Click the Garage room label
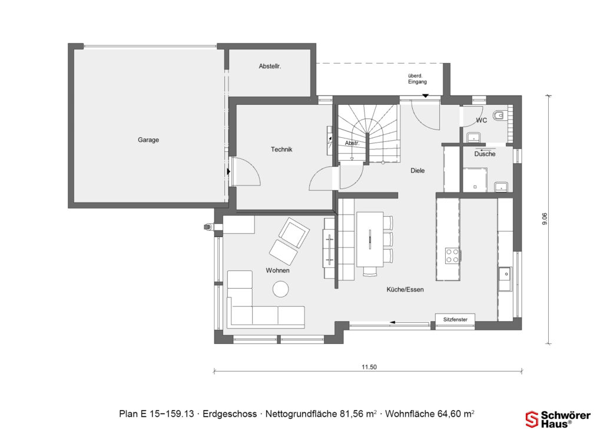click(148, 140)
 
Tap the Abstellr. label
click(270, 67)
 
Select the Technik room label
click(281, 150)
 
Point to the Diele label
click(418, 171)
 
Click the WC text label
click(481, 120)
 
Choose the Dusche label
click(485, 154)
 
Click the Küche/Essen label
click(405, 290)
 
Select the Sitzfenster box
click(455, 319)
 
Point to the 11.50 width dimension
click(369, 367)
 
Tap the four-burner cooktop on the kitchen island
click(452, 255)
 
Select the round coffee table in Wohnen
click(280, 289)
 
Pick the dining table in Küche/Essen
click(370, 239)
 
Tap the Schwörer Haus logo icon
click(532, 419)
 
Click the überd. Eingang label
click(417, 79)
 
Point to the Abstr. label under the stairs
click(352, 143)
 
